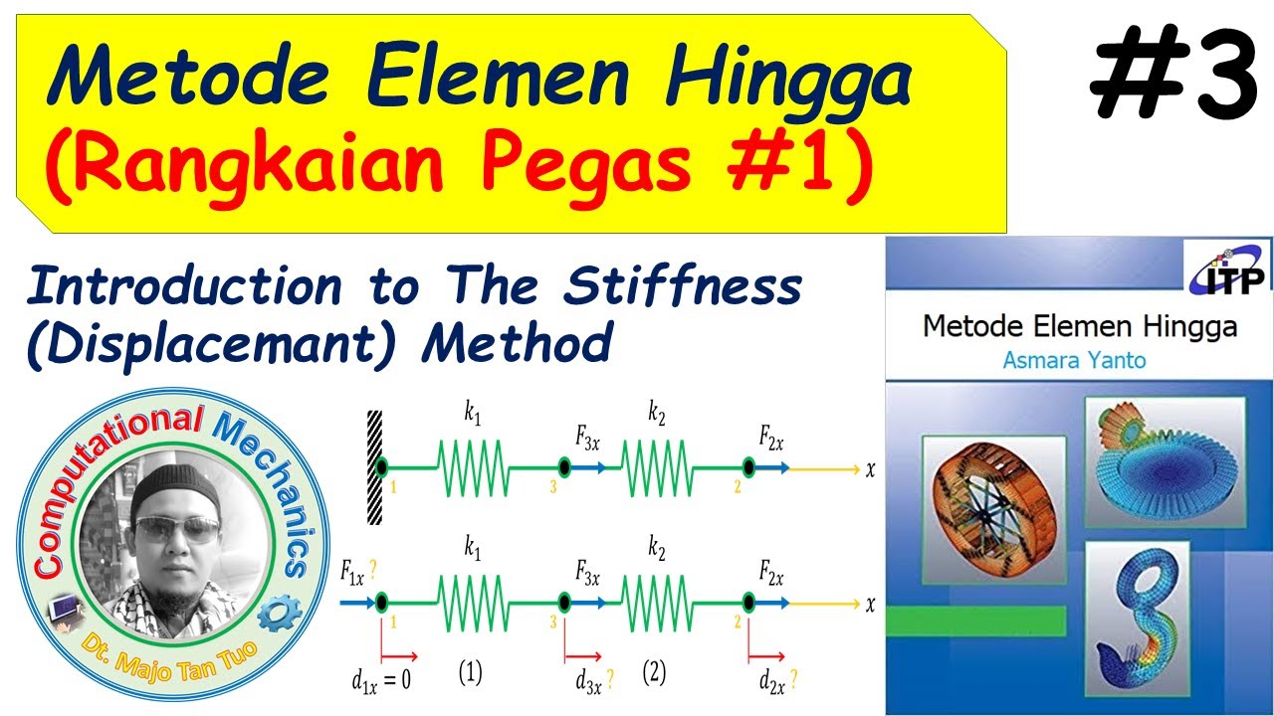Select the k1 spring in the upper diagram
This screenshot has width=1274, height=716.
coord(473,466)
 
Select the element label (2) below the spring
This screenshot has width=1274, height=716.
coord(653,673)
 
